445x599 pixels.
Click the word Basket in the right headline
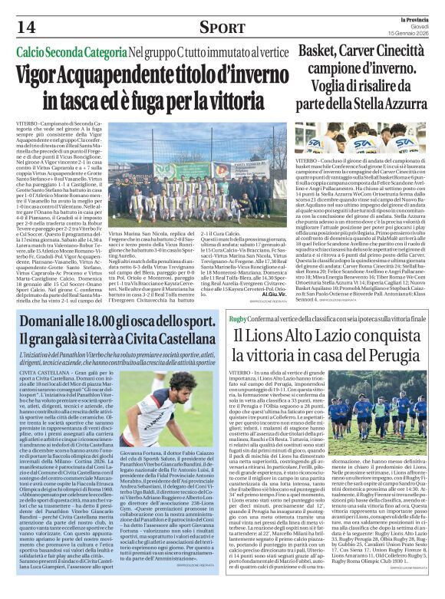point(322,51)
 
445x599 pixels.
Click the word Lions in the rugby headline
point(271,334)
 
